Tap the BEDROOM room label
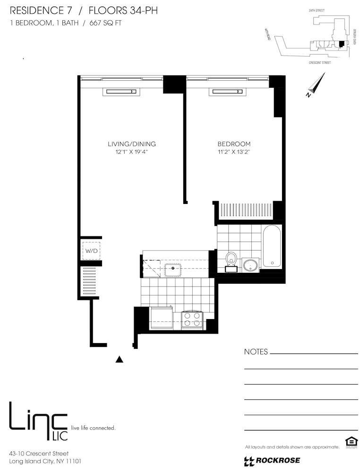234,144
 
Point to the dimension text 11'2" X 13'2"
234,152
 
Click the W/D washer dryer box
91,251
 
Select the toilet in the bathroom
231,261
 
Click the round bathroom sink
250,265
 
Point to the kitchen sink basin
173,270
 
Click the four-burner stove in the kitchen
192,320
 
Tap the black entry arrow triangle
120,360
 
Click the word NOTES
256,352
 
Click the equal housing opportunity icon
351,442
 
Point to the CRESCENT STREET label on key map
319,62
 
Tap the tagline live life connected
93,428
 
